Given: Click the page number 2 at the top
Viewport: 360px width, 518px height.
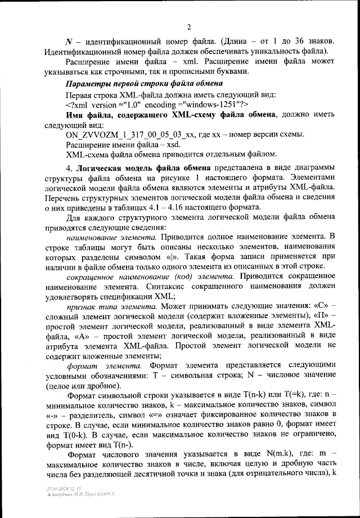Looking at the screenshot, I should [189, 26].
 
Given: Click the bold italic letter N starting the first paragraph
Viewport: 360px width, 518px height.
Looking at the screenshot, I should [69, 43].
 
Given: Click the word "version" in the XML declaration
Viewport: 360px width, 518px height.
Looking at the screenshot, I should [115, 105].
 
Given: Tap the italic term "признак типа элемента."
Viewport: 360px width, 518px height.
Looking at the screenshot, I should [112, 307].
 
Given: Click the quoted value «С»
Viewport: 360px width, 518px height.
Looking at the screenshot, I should [312, 307].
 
